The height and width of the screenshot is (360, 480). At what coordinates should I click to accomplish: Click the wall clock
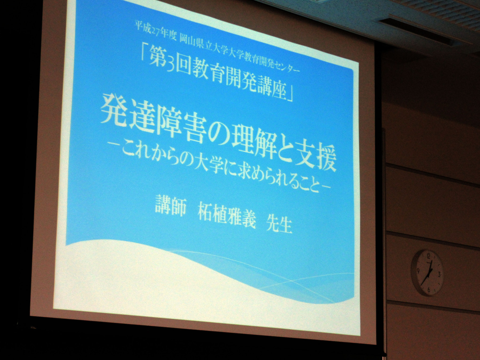click(427, 273)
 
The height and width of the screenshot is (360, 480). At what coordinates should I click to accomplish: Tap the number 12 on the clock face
click(429, 256)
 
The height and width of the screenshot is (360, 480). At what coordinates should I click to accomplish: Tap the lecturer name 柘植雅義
click(226, 216)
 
